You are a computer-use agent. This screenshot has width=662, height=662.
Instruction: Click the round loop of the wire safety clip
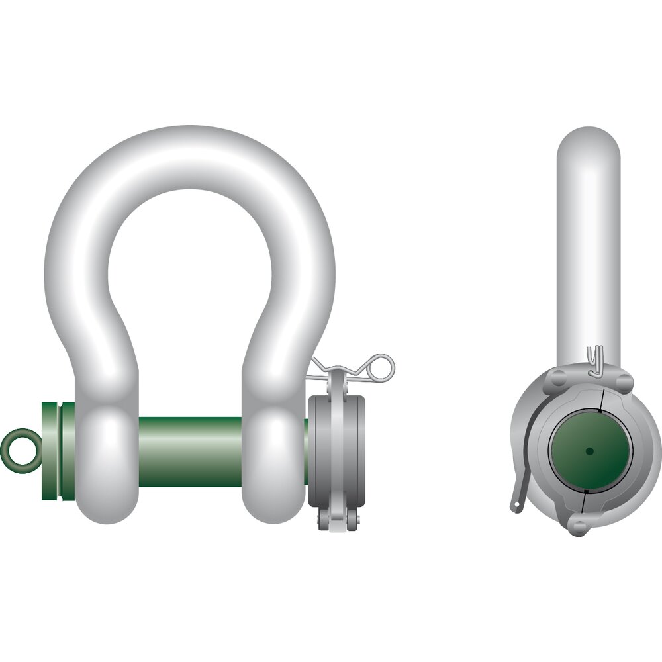click(x=382, y=367)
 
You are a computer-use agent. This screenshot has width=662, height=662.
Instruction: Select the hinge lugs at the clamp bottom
click(x=337, y=520)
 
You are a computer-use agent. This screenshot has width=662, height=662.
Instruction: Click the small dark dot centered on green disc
click(x=589, y=451)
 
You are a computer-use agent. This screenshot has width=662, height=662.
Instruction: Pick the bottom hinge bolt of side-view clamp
click(x=578, y=527)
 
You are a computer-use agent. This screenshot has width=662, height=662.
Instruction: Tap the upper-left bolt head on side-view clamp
click(x=557, y=379)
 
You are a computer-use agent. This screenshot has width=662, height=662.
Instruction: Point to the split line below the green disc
click(x=582, y=505)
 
